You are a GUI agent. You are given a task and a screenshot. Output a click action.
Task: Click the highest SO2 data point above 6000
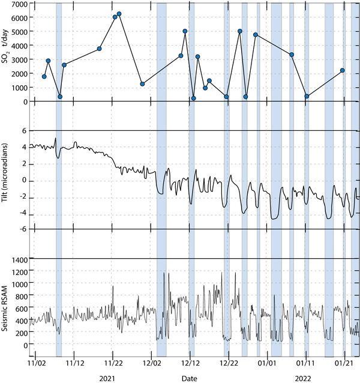point(119,14)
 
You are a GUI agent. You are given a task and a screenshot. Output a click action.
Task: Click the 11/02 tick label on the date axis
point(35,364)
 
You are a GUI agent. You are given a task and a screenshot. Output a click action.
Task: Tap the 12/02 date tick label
point(151,364)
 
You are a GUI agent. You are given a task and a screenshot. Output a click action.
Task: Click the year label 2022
point(302,378)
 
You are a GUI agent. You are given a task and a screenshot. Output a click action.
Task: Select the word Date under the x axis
point(190,378)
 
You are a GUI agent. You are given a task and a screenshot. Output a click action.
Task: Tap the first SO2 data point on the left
point(44,76)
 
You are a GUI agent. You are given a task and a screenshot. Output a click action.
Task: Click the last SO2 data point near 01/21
point(342,70)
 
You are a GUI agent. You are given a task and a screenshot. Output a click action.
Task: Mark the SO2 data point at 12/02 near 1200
point(142,84)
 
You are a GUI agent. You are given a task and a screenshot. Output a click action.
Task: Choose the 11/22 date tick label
point(113,364)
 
